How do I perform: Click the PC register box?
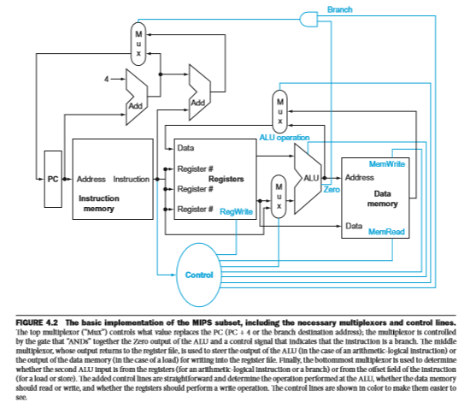coord(53,179)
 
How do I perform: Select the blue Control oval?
coord(199,275)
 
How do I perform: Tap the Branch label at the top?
coord(339,9)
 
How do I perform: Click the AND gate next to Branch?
coord(308,20)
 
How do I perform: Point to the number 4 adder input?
coord(107,80)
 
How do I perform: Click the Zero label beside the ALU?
coord(332,190)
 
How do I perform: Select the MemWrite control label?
coord(386,163)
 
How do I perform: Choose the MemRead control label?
coord(386,232)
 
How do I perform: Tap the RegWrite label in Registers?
coord(236,211)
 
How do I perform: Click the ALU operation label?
coord(285,138)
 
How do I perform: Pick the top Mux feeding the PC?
coord(138,44)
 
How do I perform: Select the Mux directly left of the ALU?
coord(279,197)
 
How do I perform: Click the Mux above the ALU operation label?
coord(280,111)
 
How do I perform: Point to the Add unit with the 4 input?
coord(137,97)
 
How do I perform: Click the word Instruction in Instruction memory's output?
coord(132,179)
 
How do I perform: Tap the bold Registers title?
coord(226,179)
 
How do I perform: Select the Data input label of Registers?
coord(185,148)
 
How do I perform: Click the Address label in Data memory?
coord(360,178)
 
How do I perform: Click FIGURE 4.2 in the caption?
coord(37,322)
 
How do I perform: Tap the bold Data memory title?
coord(383,198)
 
